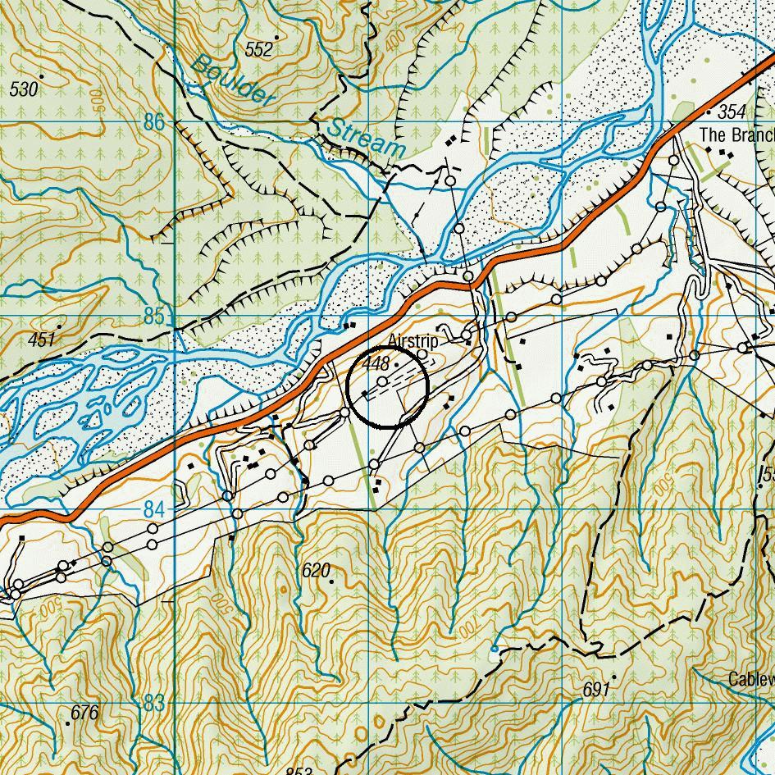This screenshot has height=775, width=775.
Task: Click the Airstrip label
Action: point(413,340)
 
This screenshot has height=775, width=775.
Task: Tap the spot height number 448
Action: point(375,362)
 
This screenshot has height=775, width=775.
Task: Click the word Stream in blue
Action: point(366,136)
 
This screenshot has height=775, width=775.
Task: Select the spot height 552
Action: point(258,50)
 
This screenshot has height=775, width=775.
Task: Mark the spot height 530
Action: point(24,89)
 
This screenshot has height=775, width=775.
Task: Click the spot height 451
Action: point(41,340)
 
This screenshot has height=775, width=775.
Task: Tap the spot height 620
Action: point(315,570)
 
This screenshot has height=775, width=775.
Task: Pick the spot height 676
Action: point(84,713)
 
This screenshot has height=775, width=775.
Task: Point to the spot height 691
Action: point(596,690)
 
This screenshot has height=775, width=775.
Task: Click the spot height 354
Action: point(732,112)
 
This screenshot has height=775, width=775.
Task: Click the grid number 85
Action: point(153,317)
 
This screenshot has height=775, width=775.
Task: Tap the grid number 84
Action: point(153,510)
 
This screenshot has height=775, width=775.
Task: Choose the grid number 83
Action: point(153,704)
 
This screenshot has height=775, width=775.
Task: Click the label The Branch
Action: point(736,134)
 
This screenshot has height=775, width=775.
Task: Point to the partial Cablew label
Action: point(751,679)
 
